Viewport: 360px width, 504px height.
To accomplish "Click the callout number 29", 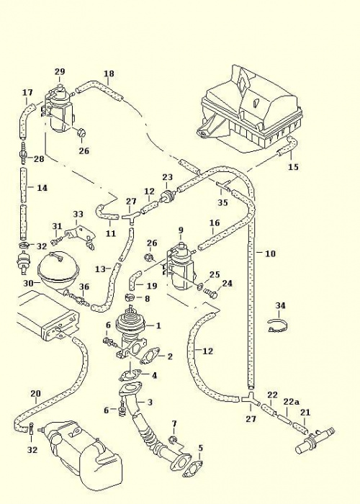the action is (60, 72).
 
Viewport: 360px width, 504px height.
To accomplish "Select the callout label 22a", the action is (291, 402).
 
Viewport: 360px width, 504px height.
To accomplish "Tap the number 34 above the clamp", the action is (280, 306).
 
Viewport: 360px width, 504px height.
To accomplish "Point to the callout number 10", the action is (270, 253).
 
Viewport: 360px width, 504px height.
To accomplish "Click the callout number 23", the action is (168, 177).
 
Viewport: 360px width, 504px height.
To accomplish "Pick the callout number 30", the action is (29, 283).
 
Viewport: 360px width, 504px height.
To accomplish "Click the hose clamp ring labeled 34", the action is (277, 327).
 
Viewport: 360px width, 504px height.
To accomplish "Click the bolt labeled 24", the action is (210, 293).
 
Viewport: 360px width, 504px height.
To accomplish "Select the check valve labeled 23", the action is (168, 197).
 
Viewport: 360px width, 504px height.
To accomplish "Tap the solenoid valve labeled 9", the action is (181, 266).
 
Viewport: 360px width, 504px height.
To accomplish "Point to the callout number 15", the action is (293, 167).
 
